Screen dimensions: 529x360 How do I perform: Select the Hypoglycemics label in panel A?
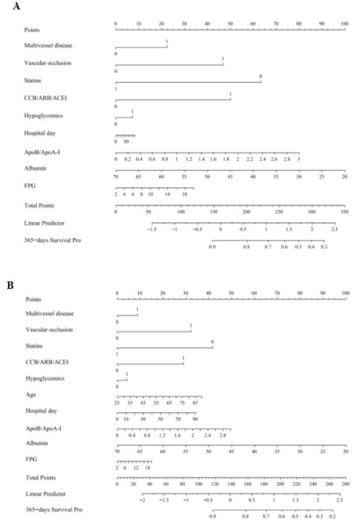(42, 116)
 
